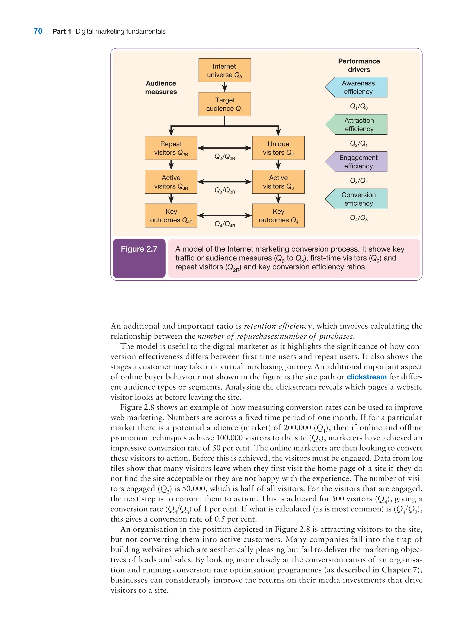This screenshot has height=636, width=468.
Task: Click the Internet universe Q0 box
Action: tap(224, 70)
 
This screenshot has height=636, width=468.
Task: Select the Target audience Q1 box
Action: tap(224, 104)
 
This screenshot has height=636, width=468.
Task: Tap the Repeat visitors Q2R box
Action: tap(171, 148)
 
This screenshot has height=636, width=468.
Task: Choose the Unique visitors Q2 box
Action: tap(278, 148)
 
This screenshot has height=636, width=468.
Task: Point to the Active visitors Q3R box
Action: tap(171, 182)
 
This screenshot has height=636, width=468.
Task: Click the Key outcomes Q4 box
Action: tap(278, 215)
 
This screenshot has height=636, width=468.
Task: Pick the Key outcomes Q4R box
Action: tap(171, 215)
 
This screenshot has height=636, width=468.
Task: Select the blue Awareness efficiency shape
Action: tap(358, 87)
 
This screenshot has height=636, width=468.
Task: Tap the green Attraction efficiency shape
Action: tap(358, 124)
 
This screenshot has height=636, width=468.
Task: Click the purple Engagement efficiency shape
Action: tap(358, 162)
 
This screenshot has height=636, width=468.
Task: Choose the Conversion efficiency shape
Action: tap(358, 199)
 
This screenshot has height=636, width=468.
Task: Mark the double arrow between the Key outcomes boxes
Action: tap(225, 215)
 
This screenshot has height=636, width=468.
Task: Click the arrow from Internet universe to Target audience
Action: tap(225, 87)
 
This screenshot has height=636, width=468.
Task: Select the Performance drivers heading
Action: tap(359, 65)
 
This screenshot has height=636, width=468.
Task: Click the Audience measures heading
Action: tap(161, 87)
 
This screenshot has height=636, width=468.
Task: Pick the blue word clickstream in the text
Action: tap(366, 377)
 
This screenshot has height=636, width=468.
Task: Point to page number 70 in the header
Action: tap(38, 31)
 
